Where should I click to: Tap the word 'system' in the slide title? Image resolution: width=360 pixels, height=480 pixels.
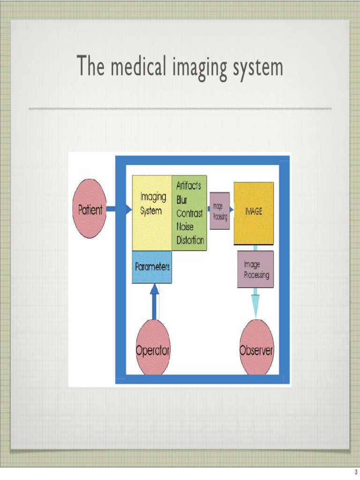(x=257, y=67)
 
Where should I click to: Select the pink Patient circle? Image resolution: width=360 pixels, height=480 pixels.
(x=90, y=210)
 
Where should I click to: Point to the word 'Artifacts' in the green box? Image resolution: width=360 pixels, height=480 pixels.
(x=188, y=186)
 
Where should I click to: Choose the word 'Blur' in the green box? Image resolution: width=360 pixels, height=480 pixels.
(x=181, y=200)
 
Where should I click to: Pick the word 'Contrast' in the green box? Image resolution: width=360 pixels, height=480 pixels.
(x=189, y=213)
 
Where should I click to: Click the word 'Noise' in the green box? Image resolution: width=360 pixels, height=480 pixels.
(x=185, y=227)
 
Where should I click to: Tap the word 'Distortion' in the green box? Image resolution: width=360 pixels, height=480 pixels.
(x=190, y=240)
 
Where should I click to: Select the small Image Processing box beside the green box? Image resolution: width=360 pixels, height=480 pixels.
(x=219, y=210)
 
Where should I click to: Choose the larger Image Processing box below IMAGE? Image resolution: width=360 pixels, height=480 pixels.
(x=255, y=269)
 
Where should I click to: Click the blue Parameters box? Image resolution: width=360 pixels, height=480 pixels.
(x=152, y=267)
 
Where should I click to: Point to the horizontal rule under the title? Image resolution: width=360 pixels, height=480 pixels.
(x=180, y=109)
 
